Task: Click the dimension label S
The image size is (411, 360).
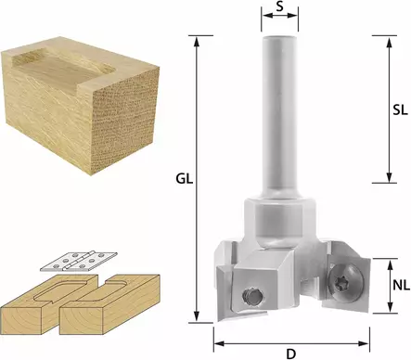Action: tap(279, 6)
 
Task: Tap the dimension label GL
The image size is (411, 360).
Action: tap(185, 179)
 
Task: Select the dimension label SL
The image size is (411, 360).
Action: tap(400, 109)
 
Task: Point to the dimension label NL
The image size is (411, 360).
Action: tap(401, 285)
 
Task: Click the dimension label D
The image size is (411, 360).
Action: tap(291, 354)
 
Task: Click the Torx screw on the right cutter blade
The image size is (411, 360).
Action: tap(346, 282)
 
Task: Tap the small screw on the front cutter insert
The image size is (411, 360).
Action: tap(252, 296)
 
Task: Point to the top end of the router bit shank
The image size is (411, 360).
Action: tap(279, 37)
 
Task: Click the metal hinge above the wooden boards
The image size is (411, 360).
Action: tap(79, 261)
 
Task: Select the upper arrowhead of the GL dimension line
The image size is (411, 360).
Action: tap(196, 41)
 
